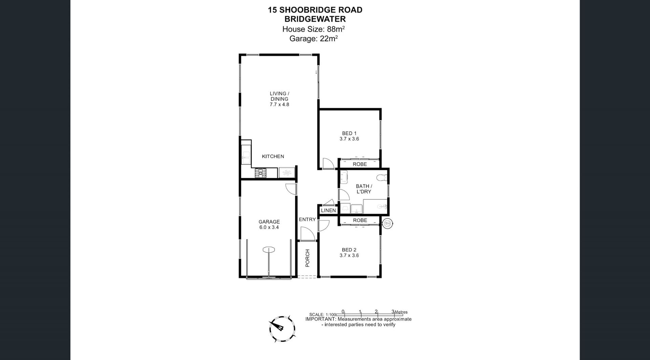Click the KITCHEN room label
tap(273, 156)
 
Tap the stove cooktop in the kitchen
tap(261, 173)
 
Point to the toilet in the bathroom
tap(383, 177)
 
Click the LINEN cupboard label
tap(328, 210)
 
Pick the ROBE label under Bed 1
tap(360, 164)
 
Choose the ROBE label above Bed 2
tap(360, 220)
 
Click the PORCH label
tap(307, 258)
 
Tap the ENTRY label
tap(307, 219)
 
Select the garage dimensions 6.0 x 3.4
tap(269, 228)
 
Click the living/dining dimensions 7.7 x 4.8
tap(279, 105)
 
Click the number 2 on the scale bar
tap(376, 312)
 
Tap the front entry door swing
tap(307, 234)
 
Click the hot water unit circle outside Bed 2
tap(387, 223)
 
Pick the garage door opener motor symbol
tap(269, 250)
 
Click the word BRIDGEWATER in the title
tap(315, 19)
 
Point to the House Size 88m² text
tap(313, 29)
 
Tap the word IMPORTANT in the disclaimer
tap(321, 319)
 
